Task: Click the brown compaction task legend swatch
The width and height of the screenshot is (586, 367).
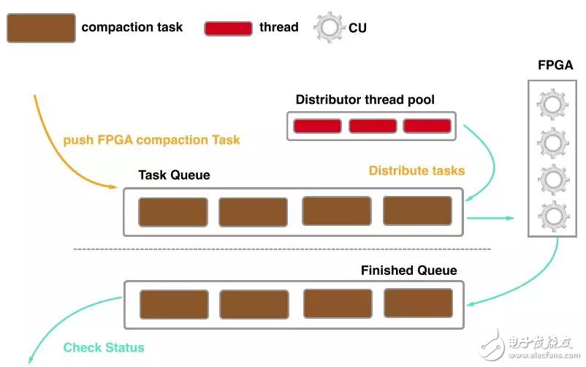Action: tap(40, 29)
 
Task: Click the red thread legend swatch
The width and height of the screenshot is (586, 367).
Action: tap(228, 29)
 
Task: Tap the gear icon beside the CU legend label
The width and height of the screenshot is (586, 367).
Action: tap(327, 29)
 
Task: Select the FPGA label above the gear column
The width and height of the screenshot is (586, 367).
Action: tap(555, 66)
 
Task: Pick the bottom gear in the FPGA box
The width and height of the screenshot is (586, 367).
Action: tap(552, 216)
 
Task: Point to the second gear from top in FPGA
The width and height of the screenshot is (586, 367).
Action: tap(552, 143)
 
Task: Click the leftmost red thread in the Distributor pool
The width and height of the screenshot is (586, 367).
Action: tap(317, 126)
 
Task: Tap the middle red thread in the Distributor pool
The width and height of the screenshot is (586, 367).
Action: tap(372, 126)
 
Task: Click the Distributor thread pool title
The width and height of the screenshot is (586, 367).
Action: tap(365, 99)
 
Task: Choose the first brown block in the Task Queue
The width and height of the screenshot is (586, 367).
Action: tap(173, 212)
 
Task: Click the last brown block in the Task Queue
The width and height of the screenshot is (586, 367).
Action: tap(417, 211)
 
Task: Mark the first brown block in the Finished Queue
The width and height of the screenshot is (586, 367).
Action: tap(174, 305)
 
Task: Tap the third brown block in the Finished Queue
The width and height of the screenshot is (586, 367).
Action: tap(337, 303)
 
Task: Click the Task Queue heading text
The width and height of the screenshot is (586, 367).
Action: tap(174, 175)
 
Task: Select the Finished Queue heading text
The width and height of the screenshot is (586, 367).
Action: tap(408, 270)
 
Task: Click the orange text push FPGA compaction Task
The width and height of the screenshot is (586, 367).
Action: tap(151, 140)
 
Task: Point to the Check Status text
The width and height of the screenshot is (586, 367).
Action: tap(104, 347)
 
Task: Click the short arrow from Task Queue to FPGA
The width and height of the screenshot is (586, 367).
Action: tap(490, 217)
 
